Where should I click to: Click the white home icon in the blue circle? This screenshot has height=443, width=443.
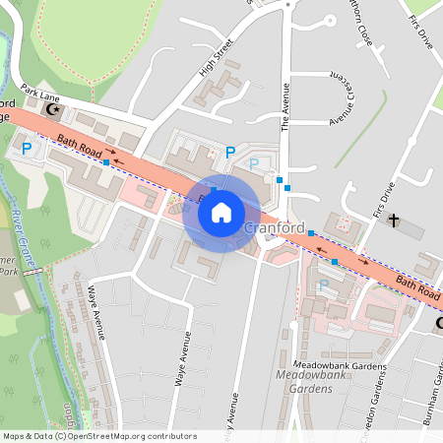pyautogui.click(x=221, y=212)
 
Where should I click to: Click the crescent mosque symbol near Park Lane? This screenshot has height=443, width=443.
pyautogui.click(x=68, y=110)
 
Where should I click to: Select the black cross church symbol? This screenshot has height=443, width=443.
pyautogui.click(x=395, y=220)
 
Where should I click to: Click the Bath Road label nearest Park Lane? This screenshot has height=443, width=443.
pyautogui.click(x=75, y=145)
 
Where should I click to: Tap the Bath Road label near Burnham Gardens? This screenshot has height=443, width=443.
pyautogui.click(x=417, y=287)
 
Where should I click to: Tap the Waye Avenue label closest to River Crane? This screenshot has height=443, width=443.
pyautogui.click(x=96, y=311)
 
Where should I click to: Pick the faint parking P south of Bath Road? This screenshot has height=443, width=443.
pyautogui.click(x=324, y=285)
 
